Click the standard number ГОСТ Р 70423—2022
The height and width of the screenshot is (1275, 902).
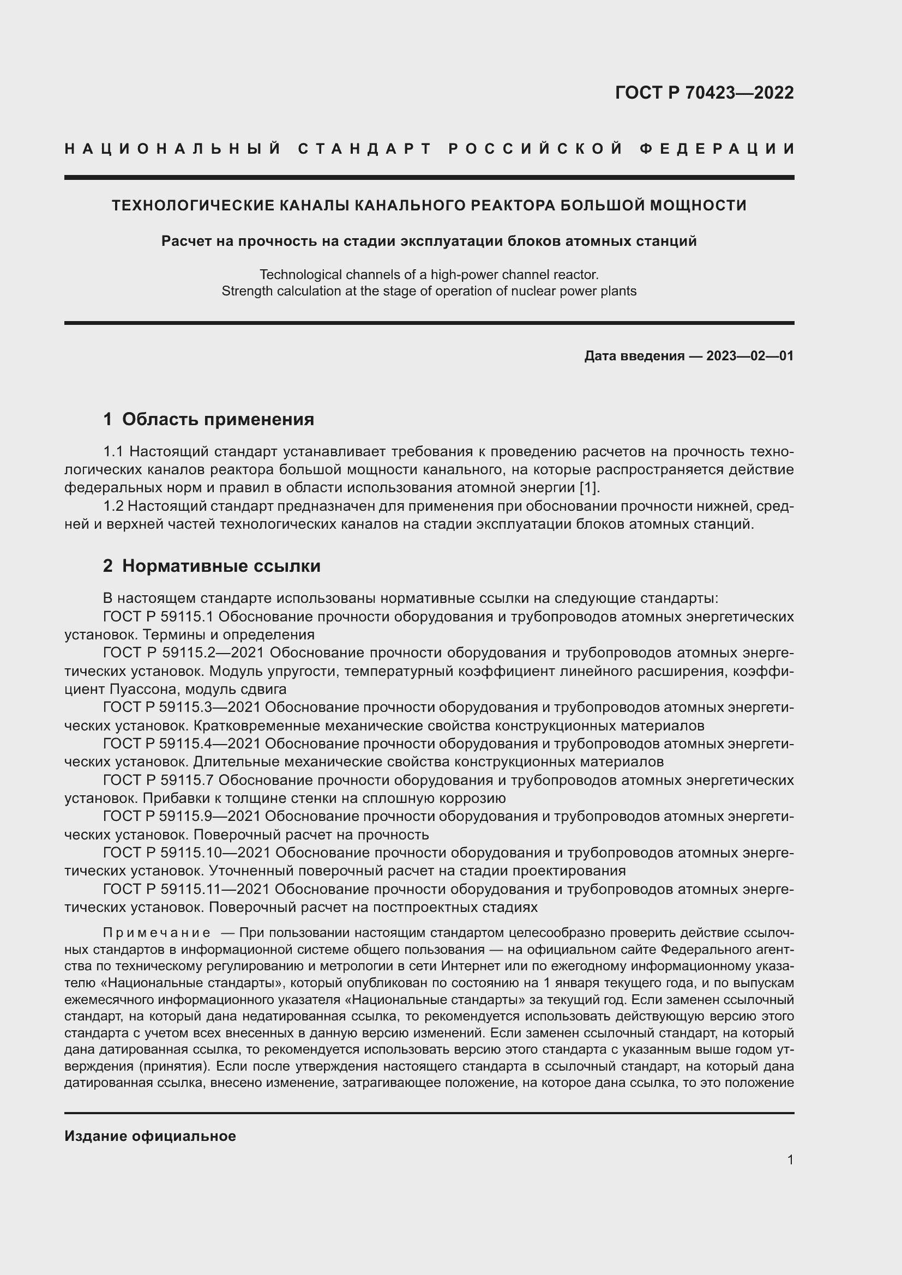click(704, 93)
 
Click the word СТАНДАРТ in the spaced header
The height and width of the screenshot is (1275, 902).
click(365, 149)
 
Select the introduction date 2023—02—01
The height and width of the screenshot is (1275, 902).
click(750, 356)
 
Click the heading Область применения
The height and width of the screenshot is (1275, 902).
click(218, 419)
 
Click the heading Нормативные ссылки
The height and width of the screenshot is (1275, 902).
click(221, 566)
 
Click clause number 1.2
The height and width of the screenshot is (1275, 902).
click(113, 506)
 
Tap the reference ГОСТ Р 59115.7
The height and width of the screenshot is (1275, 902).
click(158, 780)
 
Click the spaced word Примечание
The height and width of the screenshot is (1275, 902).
click(157, 932)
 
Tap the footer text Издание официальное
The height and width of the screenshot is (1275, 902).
click(150, 1136)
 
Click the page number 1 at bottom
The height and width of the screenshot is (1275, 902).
click(790, 1159)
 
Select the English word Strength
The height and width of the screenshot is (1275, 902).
click(244, 291)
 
